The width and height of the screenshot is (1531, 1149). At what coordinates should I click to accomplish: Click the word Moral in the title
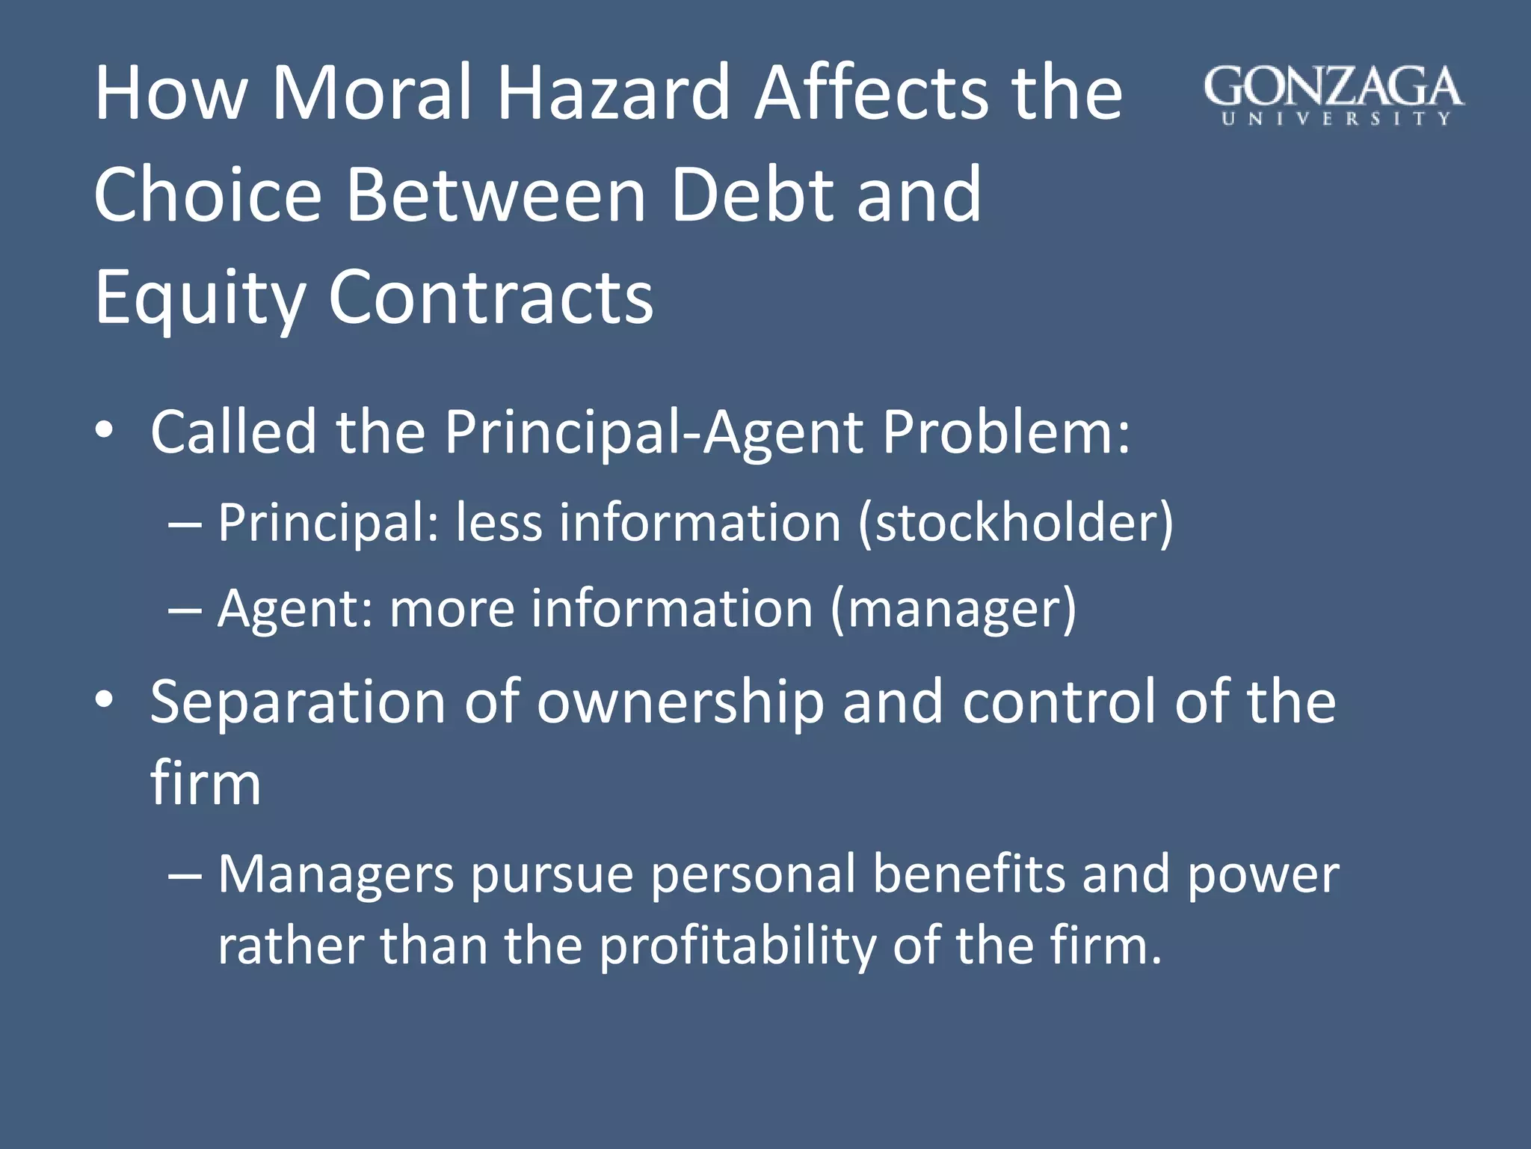(x=372, y=94)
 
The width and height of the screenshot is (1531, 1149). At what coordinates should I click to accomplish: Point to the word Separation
(x=298, y=703)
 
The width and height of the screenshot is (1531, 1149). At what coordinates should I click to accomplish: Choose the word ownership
(x=680, y=703)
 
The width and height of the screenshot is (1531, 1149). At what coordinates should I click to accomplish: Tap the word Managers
(x=336, y=875)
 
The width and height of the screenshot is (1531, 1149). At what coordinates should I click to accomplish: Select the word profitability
(x=738, y=947)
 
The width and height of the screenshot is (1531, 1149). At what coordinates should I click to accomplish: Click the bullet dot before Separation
(x=104, y=700)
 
